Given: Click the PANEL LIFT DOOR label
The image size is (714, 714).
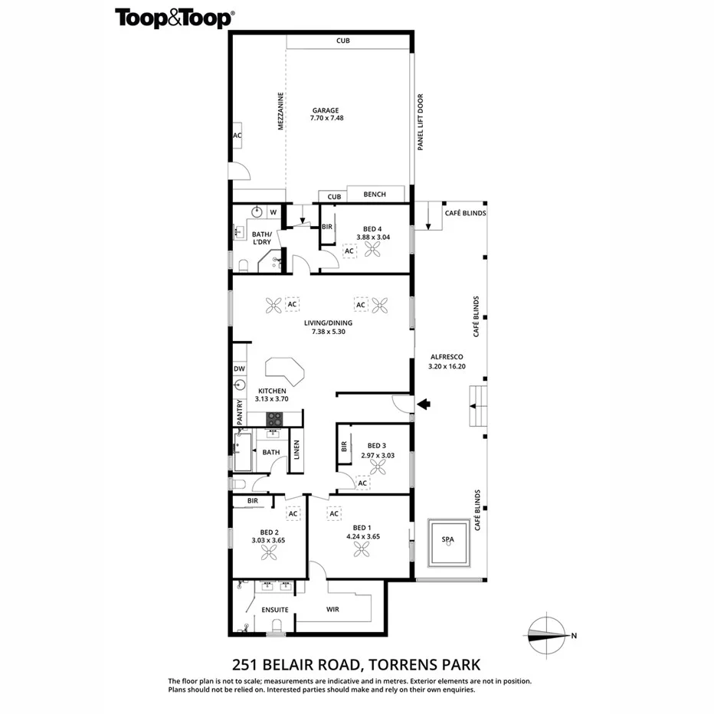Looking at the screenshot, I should [x=421, y=122].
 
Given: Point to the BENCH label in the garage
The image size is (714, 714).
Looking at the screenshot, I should [x=375, y=195].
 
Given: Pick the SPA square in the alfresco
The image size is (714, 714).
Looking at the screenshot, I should [x=448, y=541].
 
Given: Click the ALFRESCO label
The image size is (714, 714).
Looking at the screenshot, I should [x=445, y=357].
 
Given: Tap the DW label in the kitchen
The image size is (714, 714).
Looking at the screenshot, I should [x=239, y=369].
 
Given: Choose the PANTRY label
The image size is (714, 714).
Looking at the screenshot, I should [x=240, y=412].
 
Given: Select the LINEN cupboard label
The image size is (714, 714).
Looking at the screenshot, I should [x=296, y=454].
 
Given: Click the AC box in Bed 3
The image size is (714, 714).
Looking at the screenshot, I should [x=362, y=483].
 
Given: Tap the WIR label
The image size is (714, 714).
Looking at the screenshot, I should [x=332, y=610].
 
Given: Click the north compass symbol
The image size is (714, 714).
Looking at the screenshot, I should [x=547, y=634].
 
